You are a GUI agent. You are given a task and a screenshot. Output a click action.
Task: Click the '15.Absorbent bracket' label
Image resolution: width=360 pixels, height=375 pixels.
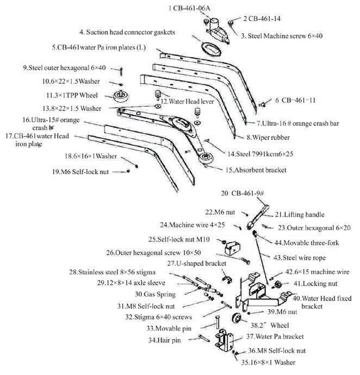pyautogui.click(x=256, y=170)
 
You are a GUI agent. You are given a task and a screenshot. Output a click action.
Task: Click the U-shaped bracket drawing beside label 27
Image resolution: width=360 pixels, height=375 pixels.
pyautogui.click(x=228, y=280)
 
